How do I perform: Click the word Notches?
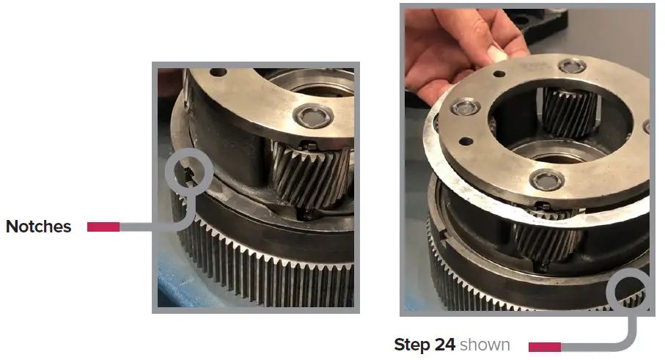(38, 227)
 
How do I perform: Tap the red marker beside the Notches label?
(103, 227)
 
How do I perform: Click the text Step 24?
(425, 345)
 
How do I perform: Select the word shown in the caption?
(485, 345)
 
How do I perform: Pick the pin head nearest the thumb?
(571, 68)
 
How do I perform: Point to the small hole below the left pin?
(465, 142)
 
